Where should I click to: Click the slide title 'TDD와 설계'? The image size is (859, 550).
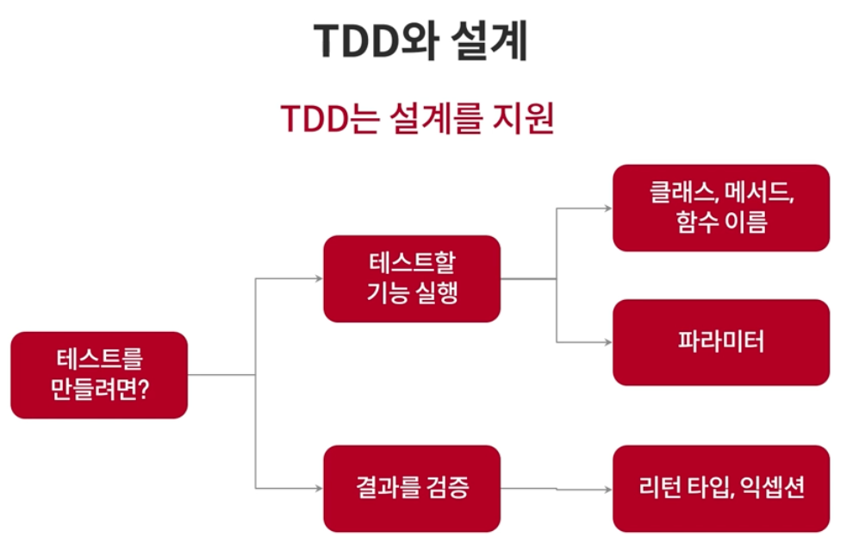(420, 41)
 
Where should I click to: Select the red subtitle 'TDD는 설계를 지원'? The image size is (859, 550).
(416, 119)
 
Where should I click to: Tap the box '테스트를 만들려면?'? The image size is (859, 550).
(99, 375)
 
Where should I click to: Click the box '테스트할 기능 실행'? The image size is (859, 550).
(411, 278)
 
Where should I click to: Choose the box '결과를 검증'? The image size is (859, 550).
(411, 488)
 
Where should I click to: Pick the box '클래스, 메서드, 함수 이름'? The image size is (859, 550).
(720, 209)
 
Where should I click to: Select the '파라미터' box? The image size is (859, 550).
(720, 342)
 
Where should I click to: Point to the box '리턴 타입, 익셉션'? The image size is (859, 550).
(720, 488)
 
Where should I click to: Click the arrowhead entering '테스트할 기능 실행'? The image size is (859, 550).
(318, 278)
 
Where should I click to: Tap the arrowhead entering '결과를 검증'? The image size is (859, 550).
(318, 488)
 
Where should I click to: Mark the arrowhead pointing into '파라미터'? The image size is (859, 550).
(607, 342)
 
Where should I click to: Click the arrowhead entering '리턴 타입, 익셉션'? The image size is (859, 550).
(607, 489)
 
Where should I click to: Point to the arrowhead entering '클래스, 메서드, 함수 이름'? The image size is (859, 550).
(607, 209)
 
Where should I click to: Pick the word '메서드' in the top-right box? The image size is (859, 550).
(759, 193)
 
